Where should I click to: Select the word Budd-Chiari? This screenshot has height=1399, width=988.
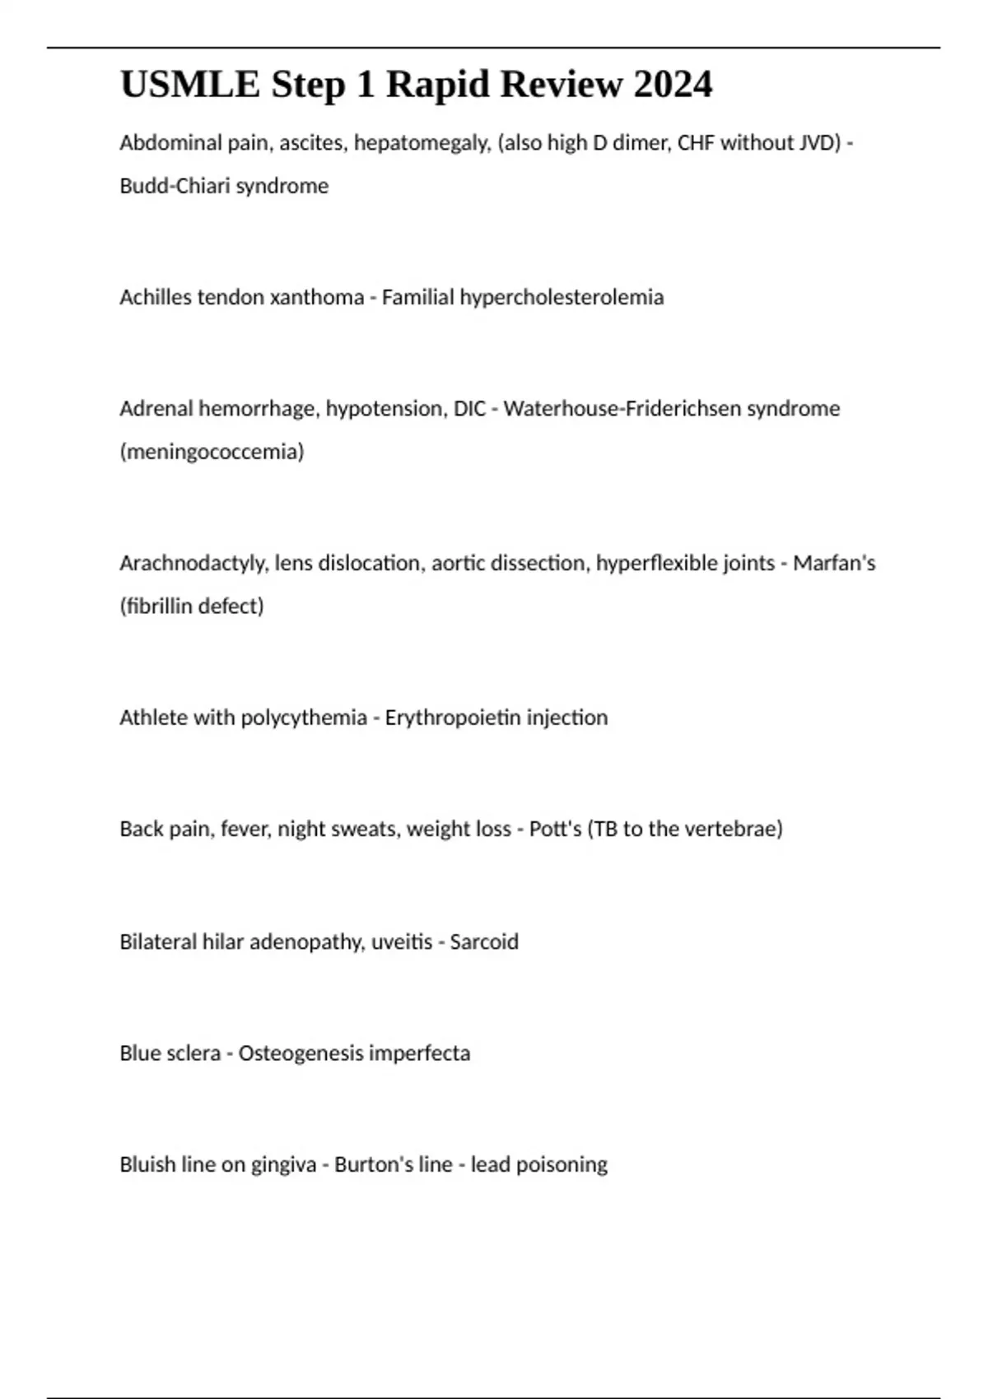tap(175, 186)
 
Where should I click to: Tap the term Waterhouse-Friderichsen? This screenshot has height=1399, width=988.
tap(622, 409)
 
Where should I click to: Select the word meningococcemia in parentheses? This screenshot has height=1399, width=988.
tap(212, 452)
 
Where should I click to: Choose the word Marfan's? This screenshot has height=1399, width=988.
tap(834, 564)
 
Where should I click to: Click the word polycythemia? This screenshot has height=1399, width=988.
tap(304, 718)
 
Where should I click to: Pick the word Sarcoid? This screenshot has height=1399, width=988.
tap(484, 941)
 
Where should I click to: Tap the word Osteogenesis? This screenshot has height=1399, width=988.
tap(301, 1053)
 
